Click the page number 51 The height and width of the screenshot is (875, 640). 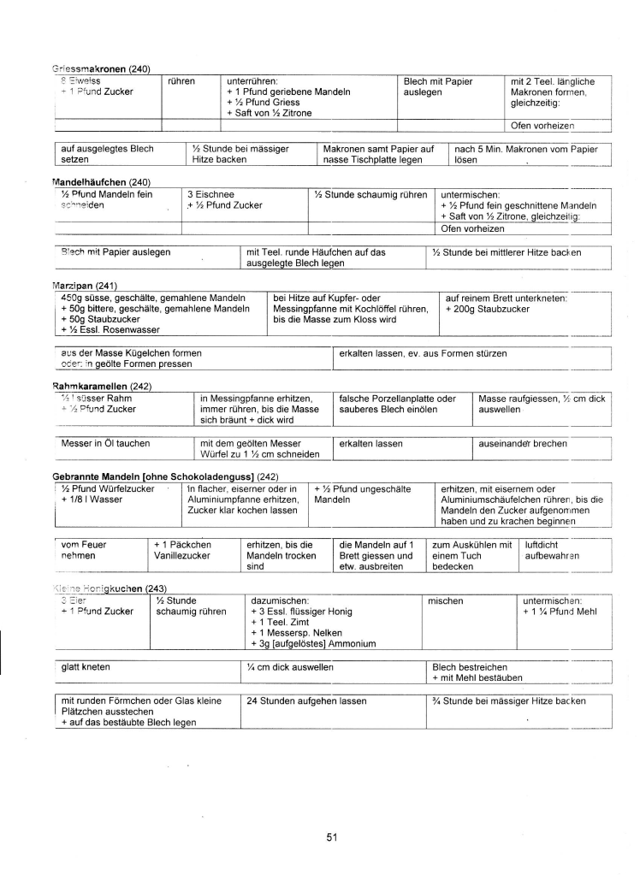[x=332, y=837]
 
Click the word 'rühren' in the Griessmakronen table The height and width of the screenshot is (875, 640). [x=182, y=81]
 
